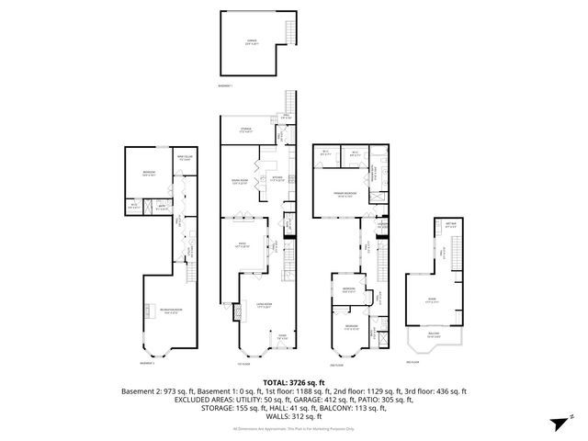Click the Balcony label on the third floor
click(433, 334)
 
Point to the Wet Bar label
click(451, 226)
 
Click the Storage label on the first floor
click(246, 130)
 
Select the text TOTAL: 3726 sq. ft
click(294, 382)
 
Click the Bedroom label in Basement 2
click(149, 174)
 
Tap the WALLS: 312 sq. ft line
click(294, 415)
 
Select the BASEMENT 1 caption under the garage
click(227, 85)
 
